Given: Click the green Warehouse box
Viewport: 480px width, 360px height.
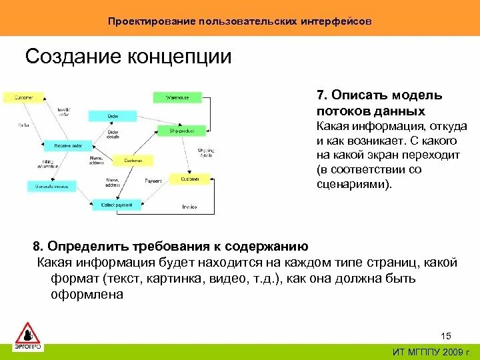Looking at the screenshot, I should point(177,97).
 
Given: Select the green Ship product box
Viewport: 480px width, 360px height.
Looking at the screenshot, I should point(181,131).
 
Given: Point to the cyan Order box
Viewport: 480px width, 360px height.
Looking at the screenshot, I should point(112,115).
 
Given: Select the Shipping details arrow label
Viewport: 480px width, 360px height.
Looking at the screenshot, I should point(205,153).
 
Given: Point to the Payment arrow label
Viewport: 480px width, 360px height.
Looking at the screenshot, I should point(153,180).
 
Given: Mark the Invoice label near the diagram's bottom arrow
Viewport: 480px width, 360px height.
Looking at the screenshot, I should point(189,207).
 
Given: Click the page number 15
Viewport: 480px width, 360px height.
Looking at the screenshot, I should point(446,335).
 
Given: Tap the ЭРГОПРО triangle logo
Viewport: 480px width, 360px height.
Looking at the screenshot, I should point(28,335).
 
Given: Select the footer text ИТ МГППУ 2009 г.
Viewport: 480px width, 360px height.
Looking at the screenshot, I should point(431,351).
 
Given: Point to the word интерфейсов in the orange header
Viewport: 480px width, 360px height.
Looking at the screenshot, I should point(335,21).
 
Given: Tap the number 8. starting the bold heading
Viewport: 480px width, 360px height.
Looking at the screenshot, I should point(39,246).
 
